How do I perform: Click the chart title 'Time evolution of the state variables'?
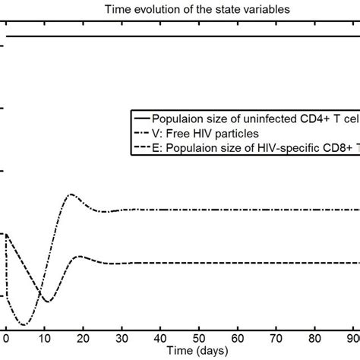point(180,9)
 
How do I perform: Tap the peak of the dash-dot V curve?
point(71,194)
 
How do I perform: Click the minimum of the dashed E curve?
point(47,302)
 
